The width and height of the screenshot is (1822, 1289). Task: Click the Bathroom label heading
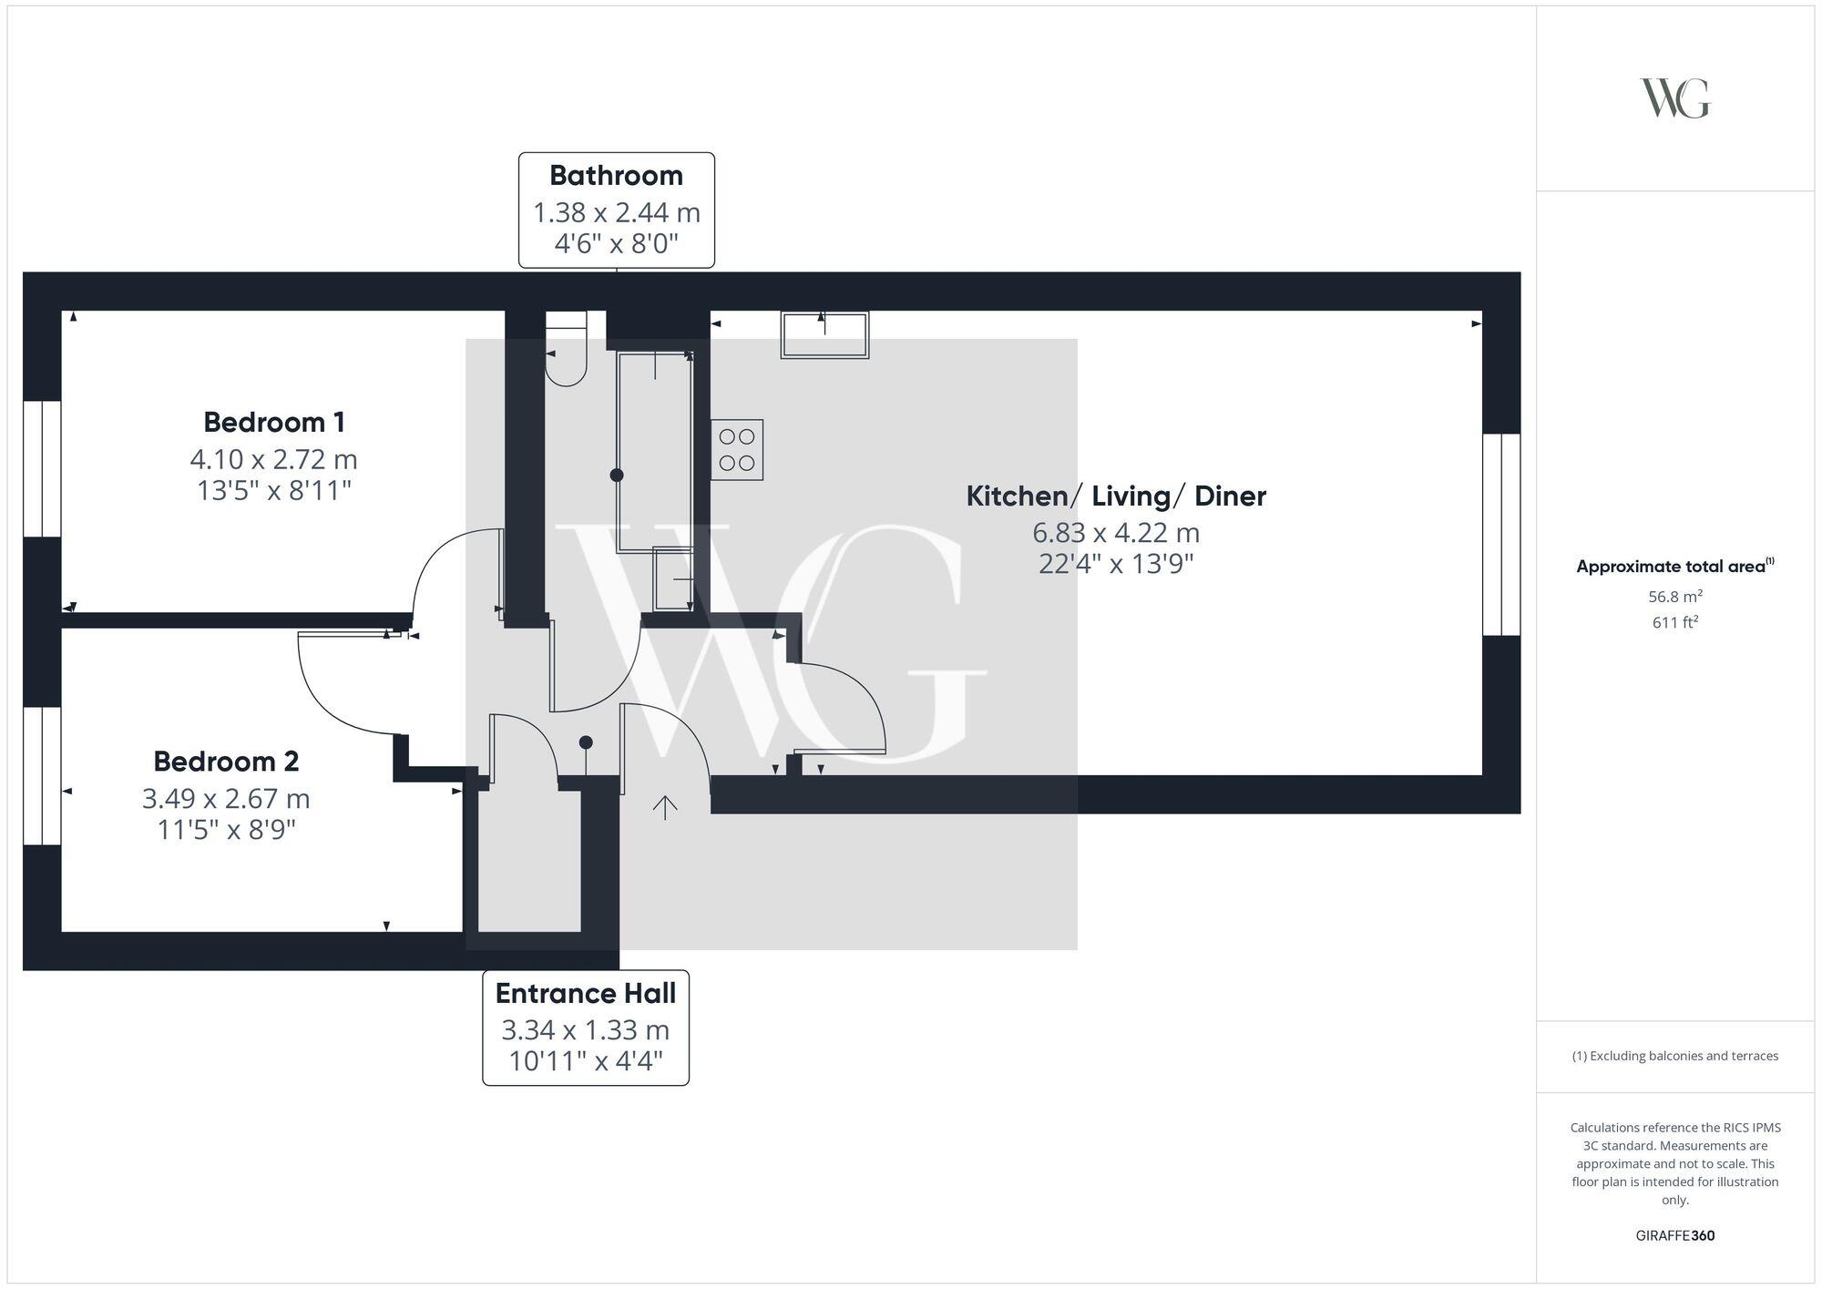tap(616, 175)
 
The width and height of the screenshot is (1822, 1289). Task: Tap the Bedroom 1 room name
tap(274, 422)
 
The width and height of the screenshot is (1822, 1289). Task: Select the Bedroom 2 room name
tap(226, 761)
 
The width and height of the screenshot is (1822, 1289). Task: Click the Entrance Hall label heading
tap(586, 993)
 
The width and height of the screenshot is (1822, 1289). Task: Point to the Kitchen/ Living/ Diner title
tap(1116, 496)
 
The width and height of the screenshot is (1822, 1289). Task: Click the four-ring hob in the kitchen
tap(737, 450)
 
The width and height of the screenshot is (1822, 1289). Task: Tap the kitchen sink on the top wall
tap(824, 334)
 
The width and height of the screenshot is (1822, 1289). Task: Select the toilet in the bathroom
tap(566, 351)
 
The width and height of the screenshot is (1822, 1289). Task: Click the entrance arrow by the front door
tap(665, 807)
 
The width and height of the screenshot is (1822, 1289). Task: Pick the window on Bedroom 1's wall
tap(42, 468)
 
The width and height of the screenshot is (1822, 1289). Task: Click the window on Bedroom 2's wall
tap(42, 775)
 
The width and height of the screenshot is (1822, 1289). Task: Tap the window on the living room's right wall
tap(1501, 534)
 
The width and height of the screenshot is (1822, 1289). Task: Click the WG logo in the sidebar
tap(1674, 98)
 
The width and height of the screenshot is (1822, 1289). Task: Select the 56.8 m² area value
tap(1675, 597)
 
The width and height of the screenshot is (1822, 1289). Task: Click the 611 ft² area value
tap(1675, 622)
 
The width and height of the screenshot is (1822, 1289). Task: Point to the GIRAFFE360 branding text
tap(1675, 1235)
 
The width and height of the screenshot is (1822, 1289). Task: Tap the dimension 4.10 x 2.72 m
tap(274, 458)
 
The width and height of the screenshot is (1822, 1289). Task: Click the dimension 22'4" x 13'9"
tap(1116, 564)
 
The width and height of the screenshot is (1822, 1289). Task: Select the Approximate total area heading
tap(1674, 566)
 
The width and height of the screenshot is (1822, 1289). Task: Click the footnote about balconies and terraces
tap(1674, 1056)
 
